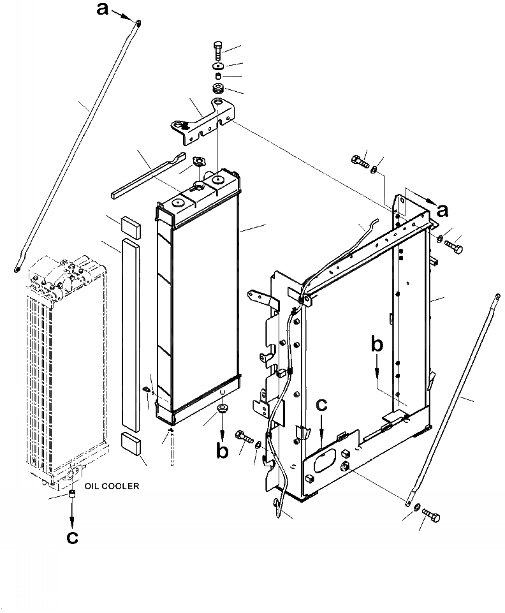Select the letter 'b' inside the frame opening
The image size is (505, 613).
click(377, 345)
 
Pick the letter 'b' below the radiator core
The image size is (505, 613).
click(222, 450)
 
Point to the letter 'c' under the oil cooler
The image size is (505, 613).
click(73, 537)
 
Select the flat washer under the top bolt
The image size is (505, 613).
click(217, 65)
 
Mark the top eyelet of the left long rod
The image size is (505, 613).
click(138, 24)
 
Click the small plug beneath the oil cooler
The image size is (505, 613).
click(72, 495)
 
